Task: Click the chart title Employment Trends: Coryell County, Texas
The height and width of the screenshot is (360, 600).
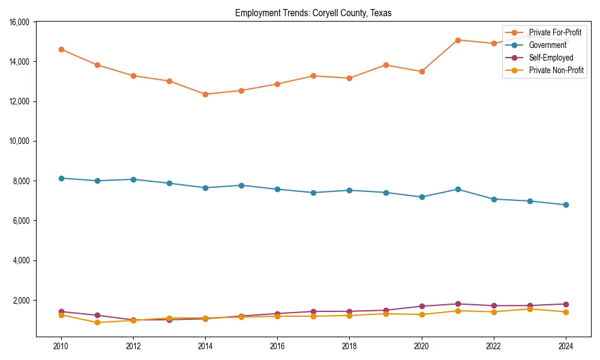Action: [x=313, y=13]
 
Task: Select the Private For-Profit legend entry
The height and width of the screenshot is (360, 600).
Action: [x=555, y=32]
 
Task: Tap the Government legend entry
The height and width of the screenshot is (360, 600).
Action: [x=547, y=45]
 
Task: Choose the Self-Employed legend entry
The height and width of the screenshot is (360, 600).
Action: [x=551, y=58]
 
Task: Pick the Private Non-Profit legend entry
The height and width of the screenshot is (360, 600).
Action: [x=556, y=70]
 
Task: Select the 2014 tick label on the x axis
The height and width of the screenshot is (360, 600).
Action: [x=205, y=346]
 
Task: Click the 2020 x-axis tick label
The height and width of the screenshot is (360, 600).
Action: [x=422, y=346]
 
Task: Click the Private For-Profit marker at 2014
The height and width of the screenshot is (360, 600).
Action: [x=205, y=94]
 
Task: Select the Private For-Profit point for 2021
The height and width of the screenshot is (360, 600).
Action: [x=458, y=40]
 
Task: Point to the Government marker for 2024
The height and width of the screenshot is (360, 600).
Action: [x=566, y=205]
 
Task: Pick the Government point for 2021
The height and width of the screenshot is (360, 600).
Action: [x=458, y=189]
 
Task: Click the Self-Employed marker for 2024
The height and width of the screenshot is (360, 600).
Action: [x=566, y=304]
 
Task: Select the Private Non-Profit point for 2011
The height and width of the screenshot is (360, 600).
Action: [x=97, y=322]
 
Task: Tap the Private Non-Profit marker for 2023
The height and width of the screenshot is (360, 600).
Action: [x=530, y=309]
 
